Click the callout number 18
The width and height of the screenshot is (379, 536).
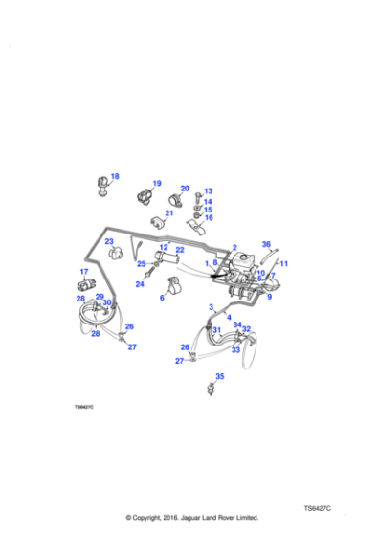pyautogui.click(x=115, y=176)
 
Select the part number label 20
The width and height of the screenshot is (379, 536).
pyautogui.click(x=185, y=189)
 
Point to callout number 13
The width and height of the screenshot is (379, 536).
pyautogui.click(x=208, y=191)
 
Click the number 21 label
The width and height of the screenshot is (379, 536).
pyautogui.click(x=169, y=213)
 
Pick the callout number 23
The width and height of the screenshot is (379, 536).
pyautogui.click(x=109, y=241)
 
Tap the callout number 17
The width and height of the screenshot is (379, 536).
pyautogui.click(x=83, y=273)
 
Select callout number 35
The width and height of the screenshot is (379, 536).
pyautogui.click(x=220, y=376)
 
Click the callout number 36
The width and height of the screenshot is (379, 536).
pyautogui.click(x=266, y=245)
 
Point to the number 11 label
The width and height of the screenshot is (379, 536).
pyautogui.click(x=283, y=263)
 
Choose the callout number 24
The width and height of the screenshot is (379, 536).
pyautogui.click(x=139, y=283)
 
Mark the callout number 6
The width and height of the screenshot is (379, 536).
pyautogui.click(x=162, y=298)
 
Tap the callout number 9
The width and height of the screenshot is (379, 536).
pyautogui.click(x=269, y=298)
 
